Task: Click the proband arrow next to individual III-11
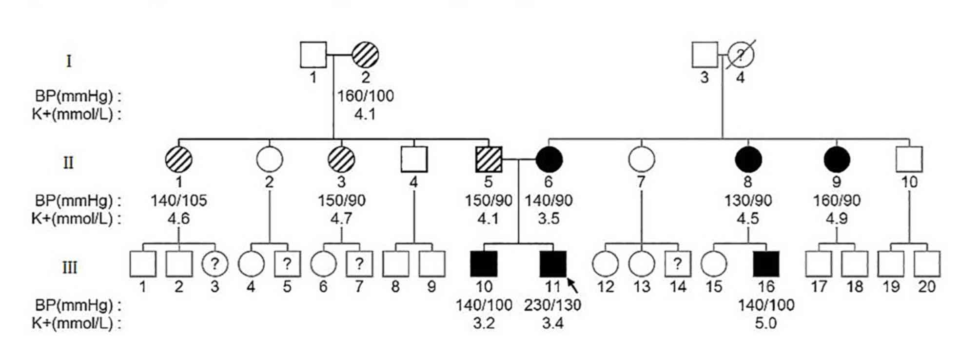pyautogui.click(x=573, y=285)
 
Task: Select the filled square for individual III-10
pyautogui.click(x=484, y=264)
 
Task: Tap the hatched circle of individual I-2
pyautogui.click(x=365, y=54)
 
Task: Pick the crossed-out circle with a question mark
pyautogui.click(x=741, y=54)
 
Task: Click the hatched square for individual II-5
pyautogui.click(x=488, y=160)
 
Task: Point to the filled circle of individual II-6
pyautogui.click(x=549, y=160)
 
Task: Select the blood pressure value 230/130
pyautogui.click(x=552, y=305)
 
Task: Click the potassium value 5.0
pyautogui.click(x=765, y=323)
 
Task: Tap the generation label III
pyautogui.click(x=69, y=268)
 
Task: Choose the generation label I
pyautogui.click(x=69, y=61)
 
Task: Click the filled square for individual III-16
pyautogui.click(x=766, y=264)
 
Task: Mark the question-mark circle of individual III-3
pyautogui.click(x=215, y=264)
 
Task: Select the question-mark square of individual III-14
pyautogui.click(x=678, y=264)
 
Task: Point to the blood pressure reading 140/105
pyautogui.click(x=179, y=200)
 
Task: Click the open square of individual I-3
pyautogui.click(x=705, y=54)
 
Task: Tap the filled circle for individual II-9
pyautogui.click(x=837, y=160)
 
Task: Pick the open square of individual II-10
pyautogui.click(x=909, y=160)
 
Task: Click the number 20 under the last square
pyautogui.click(x=927, y=287)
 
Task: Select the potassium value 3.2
pyautogui.click(x=484, y=323)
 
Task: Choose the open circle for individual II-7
pyautogui.click(x=641, y=160)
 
